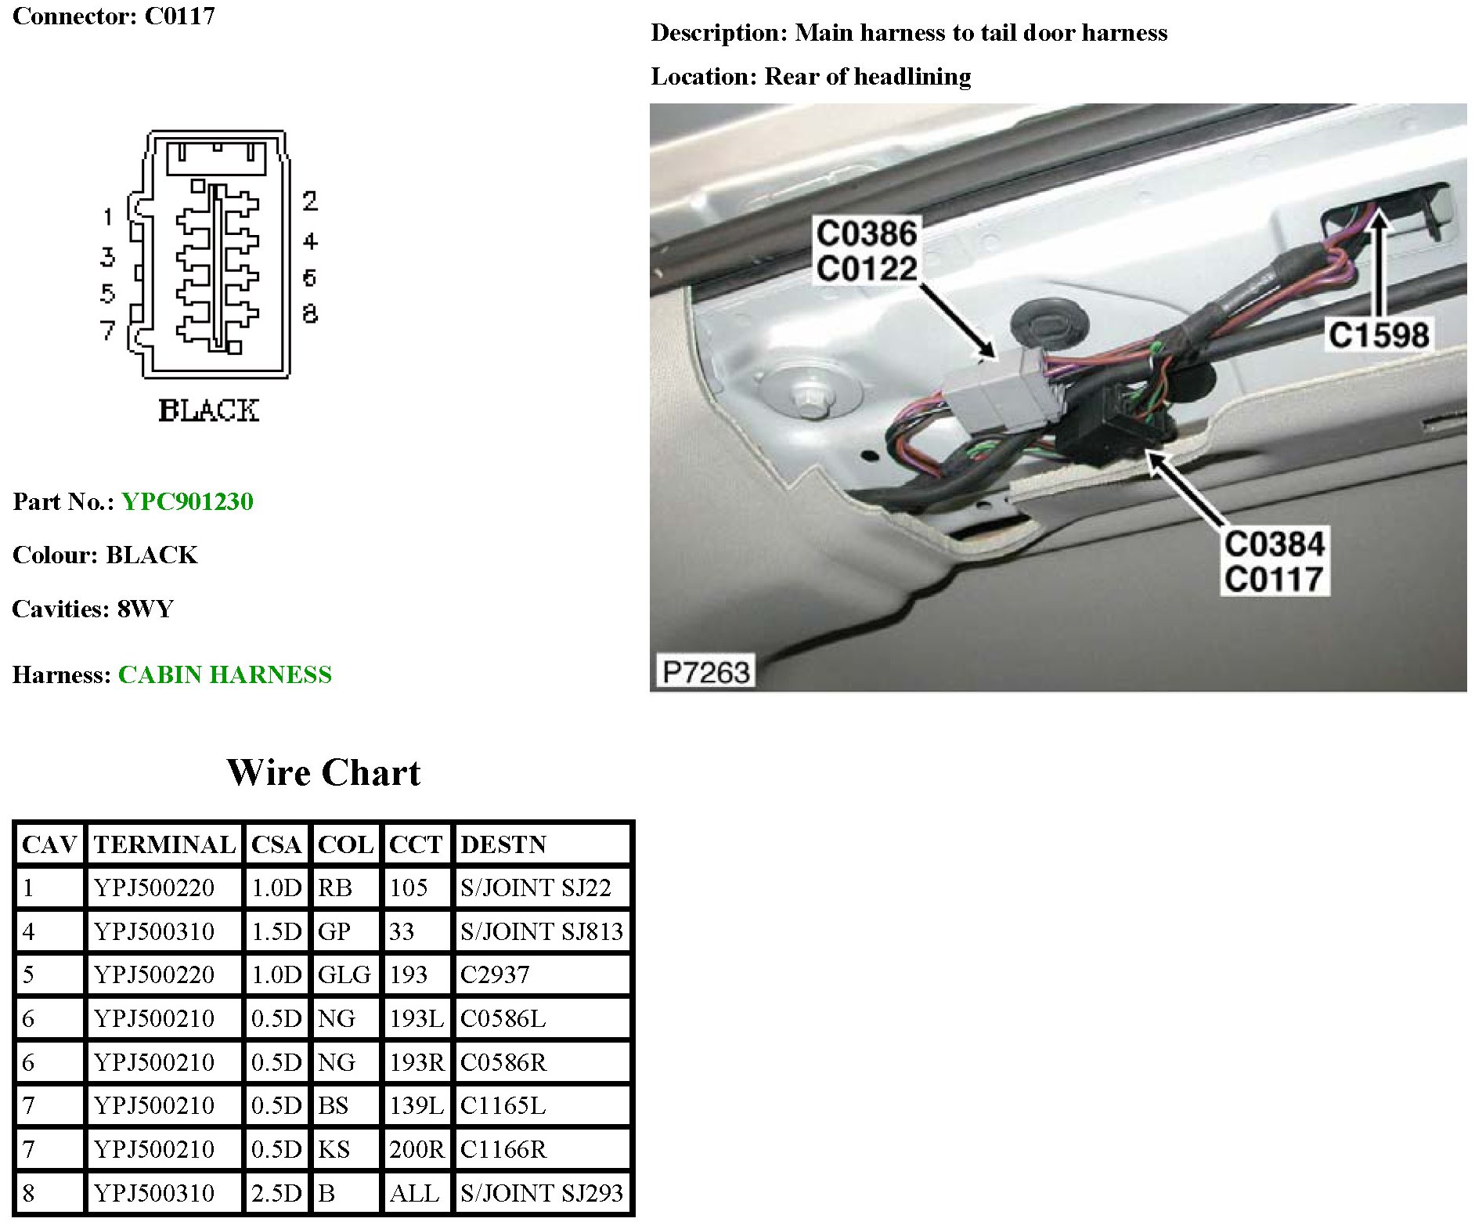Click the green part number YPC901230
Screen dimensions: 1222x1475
pos(187,501)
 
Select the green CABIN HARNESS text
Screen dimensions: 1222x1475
pos(225,674)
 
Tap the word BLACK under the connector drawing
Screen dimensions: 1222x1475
pos(208,410)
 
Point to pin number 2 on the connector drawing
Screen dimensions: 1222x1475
pos(310,201)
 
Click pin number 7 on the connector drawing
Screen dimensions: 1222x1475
pos(108,330)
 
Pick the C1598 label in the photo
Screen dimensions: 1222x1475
pos(1379,335)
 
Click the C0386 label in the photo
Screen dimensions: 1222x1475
pos(866,233)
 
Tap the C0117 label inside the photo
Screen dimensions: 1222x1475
pos(1274,580)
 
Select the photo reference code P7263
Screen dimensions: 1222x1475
pos(705,672)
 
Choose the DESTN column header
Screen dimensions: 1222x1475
pos(503,844)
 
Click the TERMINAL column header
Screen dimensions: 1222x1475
pos(164,844)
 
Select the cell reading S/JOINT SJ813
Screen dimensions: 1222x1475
pos(542,931)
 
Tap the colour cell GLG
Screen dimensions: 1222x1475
pos(344,975)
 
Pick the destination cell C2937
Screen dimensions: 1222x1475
pos(495,975)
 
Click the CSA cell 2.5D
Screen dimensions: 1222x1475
pos(276,1193)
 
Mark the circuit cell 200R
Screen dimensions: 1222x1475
pos(417,1149)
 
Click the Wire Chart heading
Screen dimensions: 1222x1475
pos(323,773)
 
